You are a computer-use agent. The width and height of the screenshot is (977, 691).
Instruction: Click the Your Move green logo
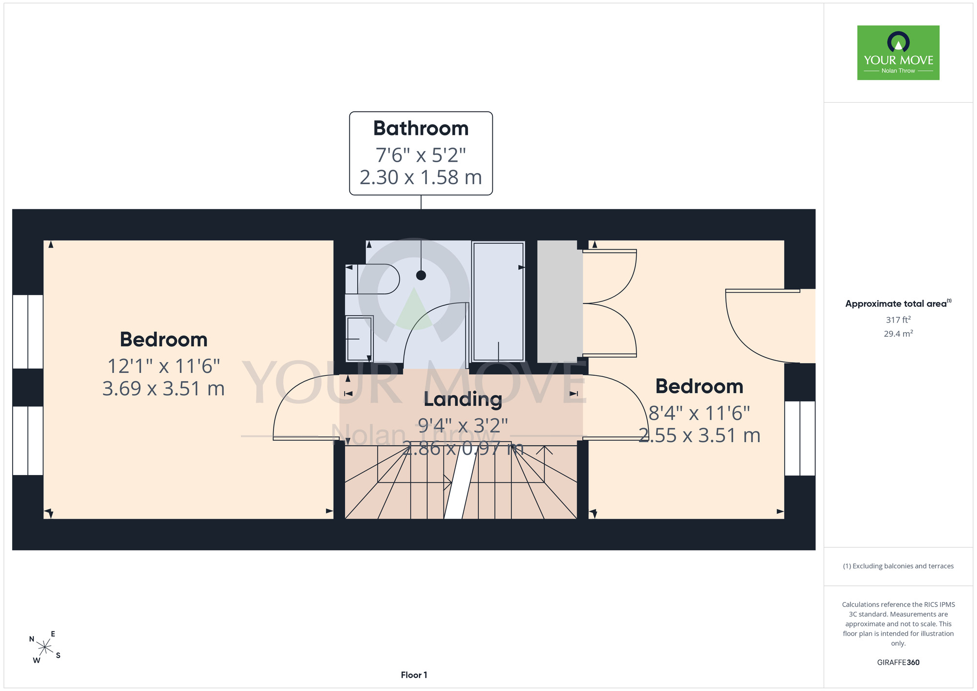pos(898,53)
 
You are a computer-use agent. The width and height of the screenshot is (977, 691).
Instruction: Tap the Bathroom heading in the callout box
pos(421,129)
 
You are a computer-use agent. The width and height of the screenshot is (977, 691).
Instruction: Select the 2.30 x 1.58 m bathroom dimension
pos(421,177)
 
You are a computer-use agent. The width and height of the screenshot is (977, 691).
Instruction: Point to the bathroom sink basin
pos(360,338)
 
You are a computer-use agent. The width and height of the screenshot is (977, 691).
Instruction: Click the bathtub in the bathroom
pos(498,302)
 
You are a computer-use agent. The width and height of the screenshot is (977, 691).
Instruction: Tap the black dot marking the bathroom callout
pos(421,276)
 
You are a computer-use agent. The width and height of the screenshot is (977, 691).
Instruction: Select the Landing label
pos(463,399)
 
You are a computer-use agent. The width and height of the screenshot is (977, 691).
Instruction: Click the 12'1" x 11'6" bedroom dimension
pos(164,366)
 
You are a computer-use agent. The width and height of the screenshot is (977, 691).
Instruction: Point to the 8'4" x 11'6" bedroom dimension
pos(699,413)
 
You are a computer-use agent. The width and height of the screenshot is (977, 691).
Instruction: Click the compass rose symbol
pos(45,648)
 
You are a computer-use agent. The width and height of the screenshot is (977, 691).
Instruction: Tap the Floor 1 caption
pos(414,675)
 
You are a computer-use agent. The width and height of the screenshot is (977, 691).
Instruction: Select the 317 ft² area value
pos(898,320)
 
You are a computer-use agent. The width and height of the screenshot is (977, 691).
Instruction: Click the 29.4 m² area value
pos(898,334)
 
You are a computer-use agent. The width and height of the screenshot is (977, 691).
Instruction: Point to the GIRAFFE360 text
pos(898,663)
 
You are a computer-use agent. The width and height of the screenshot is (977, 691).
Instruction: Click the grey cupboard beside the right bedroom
pos(560,302)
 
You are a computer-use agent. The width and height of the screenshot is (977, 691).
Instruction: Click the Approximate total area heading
pos(898,303)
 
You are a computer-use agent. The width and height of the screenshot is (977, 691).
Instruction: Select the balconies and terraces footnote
pos(898,566)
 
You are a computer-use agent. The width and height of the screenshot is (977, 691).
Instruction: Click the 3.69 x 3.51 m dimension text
pos(164,389)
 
